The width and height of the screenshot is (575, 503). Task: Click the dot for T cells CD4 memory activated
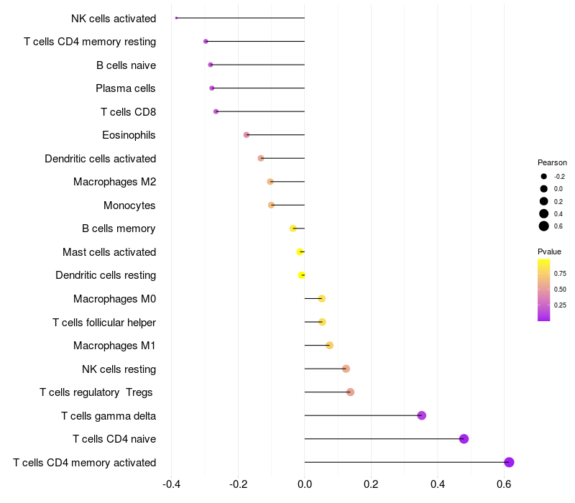coord(509,462)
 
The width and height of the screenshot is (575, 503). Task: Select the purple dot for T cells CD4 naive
coord(464,439)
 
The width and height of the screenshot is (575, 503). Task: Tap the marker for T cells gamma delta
coord(422,415)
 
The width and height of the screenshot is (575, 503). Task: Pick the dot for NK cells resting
coord(346,369)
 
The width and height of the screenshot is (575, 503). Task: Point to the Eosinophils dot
coord(247,134)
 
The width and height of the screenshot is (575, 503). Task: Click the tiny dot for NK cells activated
coord(176,18)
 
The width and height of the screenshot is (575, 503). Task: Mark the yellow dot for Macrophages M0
coord(321,298)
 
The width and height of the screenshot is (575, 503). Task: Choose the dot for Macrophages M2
coord(270,182)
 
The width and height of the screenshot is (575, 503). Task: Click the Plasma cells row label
coord(125,88)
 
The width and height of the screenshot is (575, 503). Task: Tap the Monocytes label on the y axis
coord(129,206)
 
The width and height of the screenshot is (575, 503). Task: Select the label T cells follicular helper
coord(104,322)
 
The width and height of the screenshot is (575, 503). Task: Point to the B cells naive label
coord(126,65)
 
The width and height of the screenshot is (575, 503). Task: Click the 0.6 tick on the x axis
coord(504,484)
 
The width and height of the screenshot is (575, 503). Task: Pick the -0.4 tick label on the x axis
coord(171,484)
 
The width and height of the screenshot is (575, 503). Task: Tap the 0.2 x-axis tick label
coord(371,484)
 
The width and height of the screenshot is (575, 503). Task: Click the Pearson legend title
coord(552,162)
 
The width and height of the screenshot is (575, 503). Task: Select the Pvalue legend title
coord(549,251)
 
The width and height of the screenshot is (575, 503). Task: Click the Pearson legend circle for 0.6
coord(544,226)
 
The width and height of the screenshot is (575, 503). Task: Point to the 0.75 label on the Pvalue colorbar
coord(561,273)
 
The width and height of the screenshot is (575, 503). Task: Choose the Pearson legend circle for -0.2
coord(544,176)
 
